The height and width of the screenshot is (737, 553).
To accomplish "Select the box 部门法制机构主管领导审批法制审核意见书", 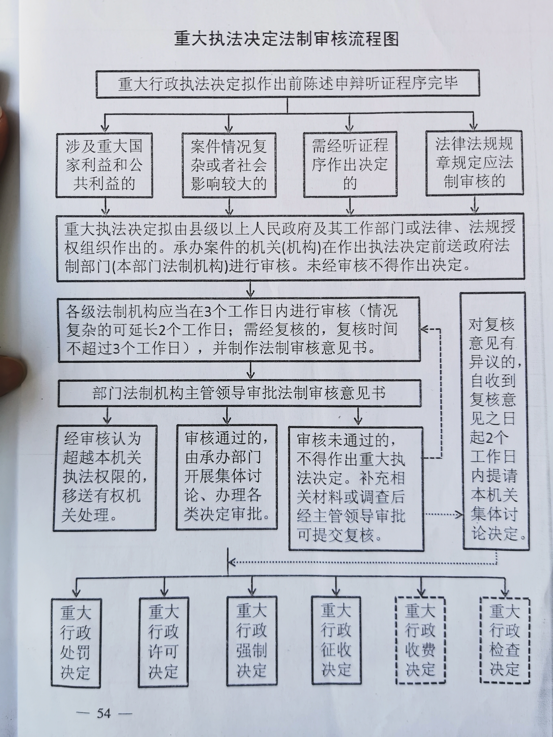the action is pyautogui.click(x=239, y=394).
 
